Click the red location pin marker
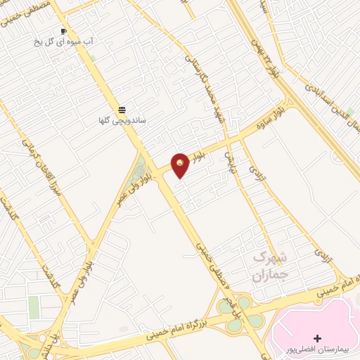click(181, 165)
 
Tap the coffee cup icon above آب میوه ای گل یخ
click(64, 32)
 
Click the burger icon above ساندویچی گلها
click(122, 110)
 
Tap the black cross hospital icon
click(317, 339)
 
